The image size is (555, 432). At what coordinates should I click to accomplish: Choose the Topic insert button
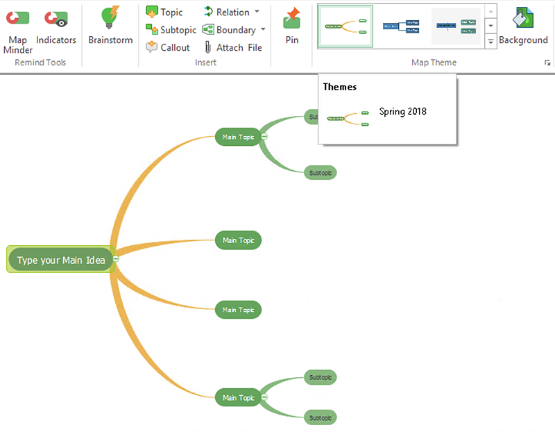pyautogui.click(x=164, y=12)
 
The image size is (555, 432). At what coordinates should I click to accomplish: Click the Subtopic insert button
pyautogui.click(x=171, y=30)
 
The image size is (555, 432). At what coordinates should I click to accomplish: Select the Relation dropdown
pyautogui.click(x=232, y=12)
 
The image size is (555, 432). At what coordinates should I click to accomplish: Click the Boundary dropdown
pyautogui.click(x=234, y=30)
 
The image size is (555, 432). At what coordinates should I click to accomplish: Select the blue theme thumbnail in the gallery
pyautogui.click(x=401, y=26)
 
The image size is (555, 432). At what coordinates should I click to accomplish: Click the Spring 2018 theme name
pyautogui.click(x=402, y=111)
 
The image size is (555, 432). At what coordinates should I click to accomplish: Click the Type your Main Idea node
pyautogui.click(x=61, y=260)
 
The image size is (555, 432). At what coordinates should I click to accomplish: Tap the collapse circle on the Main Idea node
pyautogui.click(x=116, y=258)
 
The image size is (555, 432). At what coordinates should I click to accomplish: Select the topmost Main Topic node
pyautogui.click(x=238, y=137)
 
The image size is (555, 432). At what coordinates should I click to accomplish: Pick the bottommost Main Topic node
pyautogui.click(x=238, y=398)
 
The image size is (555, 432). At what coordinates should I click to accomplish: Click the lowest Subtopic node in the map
pyautogui.click(x=320, y=418)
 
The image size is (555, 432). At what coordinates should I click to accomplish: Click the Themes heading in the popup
pyautogui.click(x=340, y=87)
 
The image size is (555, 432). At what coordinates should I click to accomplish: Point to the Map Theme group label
pyautogui.click(x=434, y=63)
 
